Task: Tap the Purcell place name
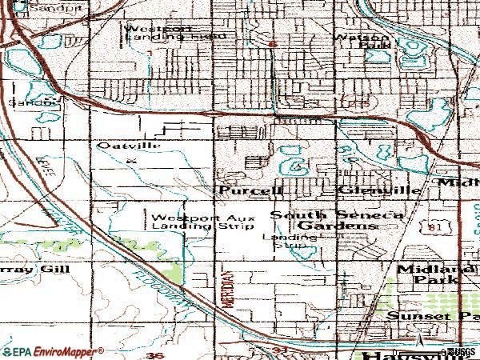pos(250,191)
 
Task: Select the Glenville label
pos(369,191)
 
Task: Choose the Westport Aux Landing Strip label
pos(193,222)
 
